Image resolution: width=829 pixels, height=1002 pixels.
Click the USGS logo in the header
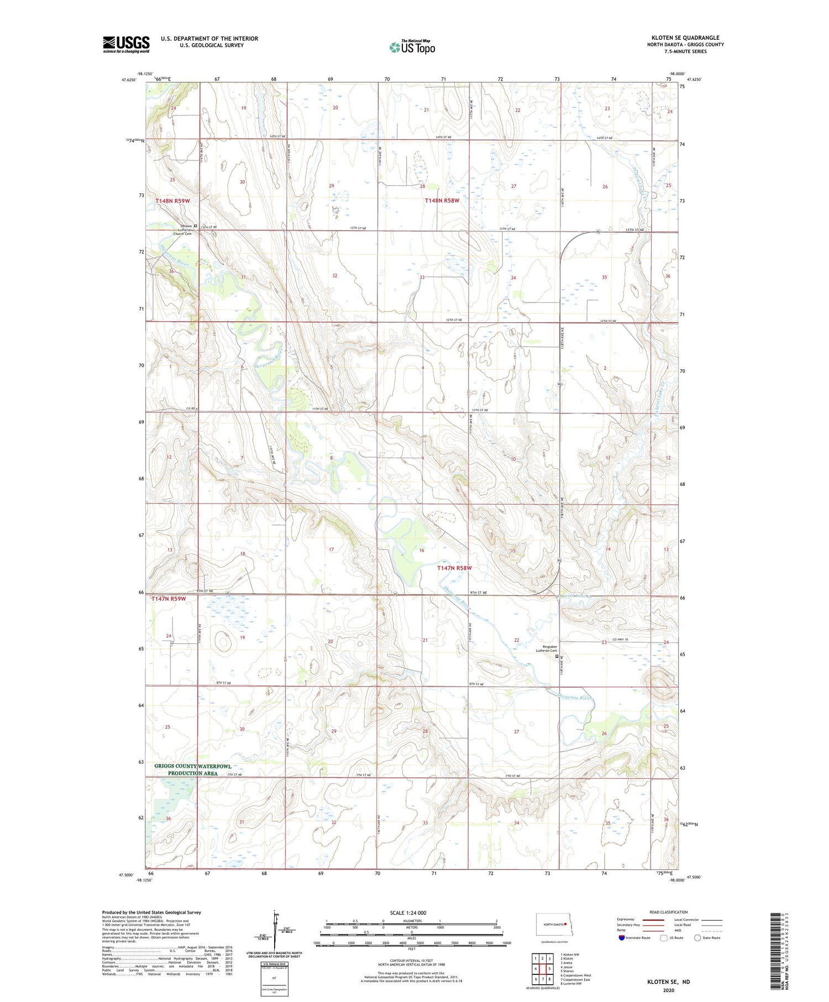point(126,44)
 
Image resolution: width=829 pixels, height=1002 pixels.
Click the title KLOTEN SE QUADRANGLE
point(685,38)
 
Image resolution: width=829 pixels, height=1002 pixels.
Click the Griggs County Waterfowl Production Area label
point(192,769)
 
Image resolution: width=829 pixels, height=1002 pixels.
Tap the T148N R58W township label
point(442,201)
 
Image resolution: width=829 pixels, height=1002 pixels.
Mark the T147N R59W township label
point(167,599)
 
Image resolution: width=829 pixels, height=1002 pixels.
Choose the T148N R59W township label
point(172,201)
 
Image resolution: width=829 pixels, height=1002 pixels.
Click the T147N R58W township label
point(454,568)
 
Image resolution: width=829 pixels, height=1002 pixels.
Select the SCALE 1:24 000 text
point(408,912)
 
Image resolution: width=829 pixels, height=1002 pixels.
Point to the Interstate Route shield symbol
point(621,937)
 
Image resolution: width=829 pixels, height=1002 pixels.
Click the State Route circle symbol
point(697,937)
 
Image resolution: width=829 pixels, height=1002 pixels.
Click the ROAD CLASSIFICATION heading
point(669,912)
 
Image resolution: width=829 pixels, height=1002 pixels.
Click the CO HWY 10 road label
point(620,639)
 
